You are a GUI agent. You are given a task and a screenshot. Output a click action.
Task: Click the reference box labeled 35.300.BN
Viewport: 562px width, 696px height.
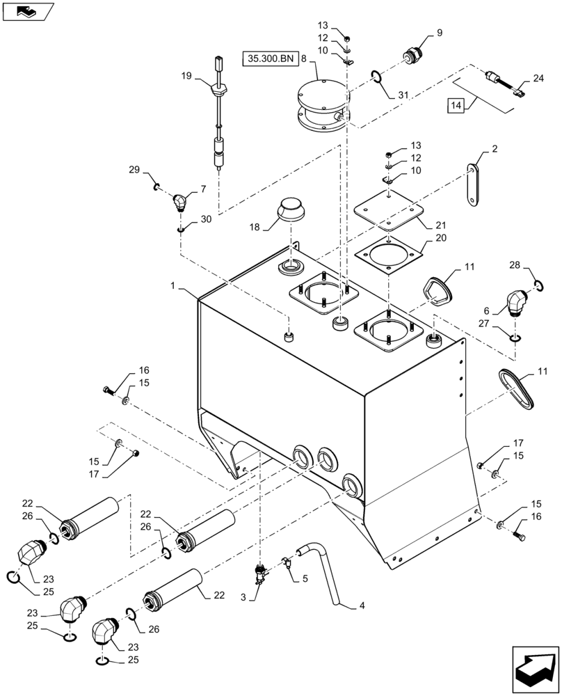click(x=270, y=58)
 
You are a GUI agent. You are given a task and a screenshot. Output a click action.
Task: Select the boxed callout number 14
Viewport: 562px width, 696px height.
click(x=455, y=105)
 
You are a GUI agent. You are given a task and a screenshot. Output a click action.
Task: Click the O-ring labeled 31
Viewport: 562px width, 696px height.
click(x=375, y=76)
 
